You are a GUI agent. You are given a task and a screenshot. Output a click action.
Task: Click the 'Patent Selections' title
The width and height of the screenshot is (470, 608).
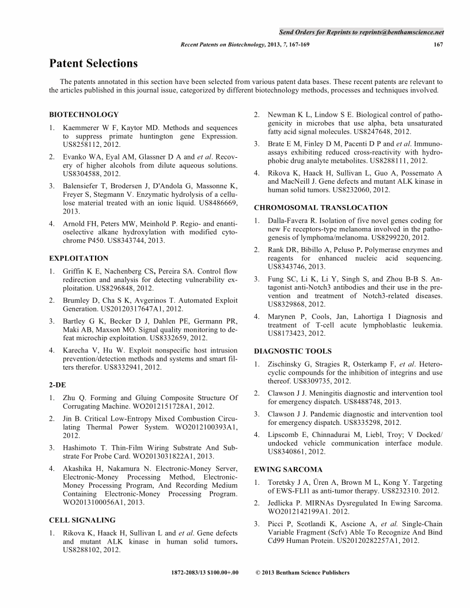click(93, 63)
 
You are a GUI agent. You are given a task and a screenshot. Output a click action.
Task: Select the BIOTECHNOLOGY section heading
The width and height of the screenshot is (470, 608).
click(84, 115)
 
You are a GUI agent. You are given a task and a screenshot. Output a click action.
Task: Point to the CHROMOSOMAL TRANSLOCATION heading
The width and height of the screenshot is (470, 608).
click(321, 207)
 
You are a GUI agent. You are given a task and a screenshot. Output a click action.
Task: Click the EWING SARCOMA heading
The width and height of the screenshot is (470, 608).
click(289, 469)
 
